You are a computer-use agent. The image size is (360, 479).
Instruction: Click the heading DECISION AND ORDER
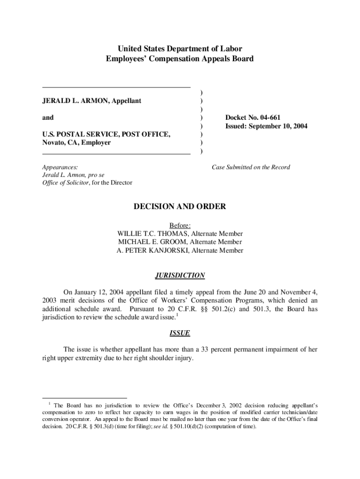tap(180, 206)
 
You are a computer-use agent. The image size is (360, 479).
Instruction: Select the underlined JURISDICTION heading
tap(180, 276)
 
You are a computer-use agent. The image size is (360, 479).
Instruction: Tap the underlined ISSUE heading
tap(180, 333)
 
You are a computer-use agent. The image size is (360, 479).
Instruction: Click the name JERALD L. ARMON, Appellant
tap(92, 101)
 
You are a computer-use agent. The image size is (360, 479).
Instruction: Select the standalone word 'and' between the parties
tap(48, 117)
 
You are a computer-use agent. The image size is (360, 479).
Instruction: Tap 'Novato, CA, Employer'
tap(76, 143)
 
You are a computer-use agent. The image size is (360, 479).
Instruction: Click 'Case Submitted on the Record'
tap(251, 167)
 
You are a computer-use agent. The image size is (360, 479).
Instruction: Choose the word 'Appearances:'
tap(60, 167)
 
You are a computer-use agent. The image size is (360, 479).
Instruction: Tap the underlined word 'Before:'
tap(180, 225)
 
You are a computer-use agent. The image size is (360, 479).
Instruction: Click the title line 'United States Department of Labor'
tap(180, 49)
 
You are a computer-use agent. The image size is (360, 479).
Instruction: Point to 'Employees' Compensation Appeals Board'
tap(180, 59)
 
